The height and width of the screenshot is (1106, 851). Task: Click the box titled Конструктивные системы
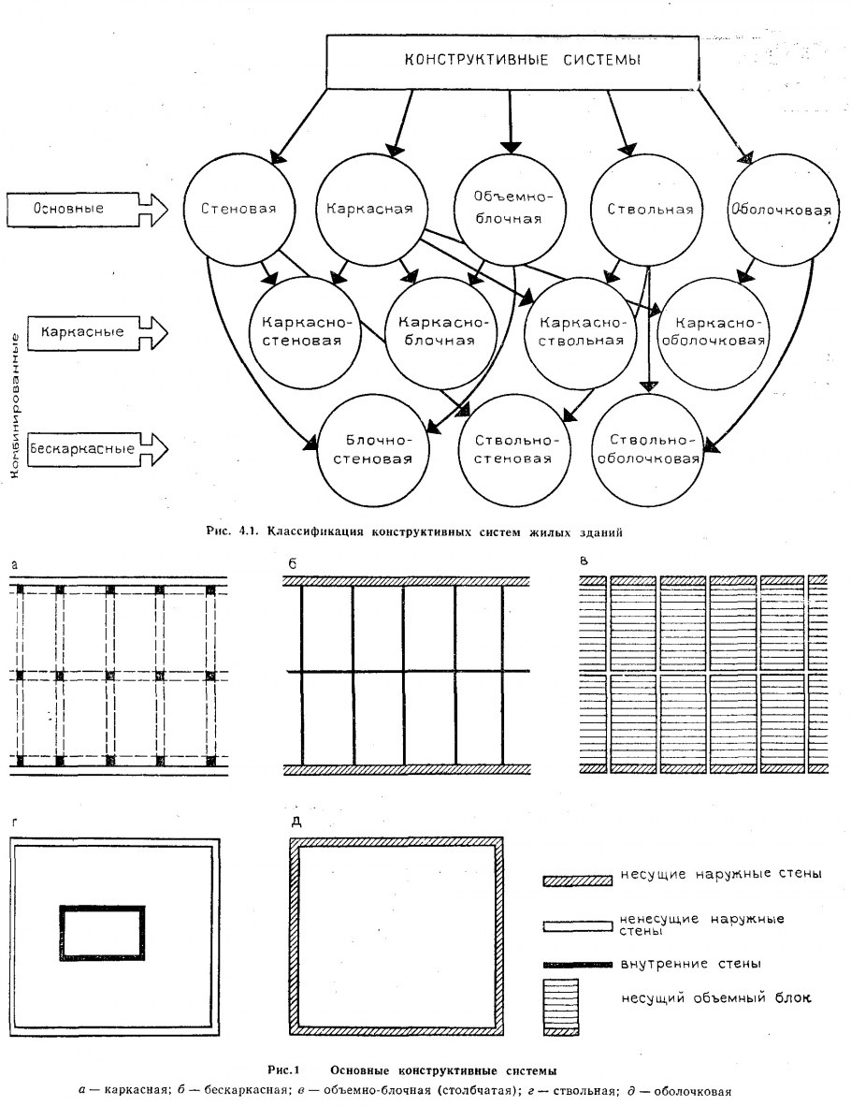coord(509,61)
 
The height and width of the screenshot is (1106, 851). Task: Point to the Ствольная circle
coord(643,209)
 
